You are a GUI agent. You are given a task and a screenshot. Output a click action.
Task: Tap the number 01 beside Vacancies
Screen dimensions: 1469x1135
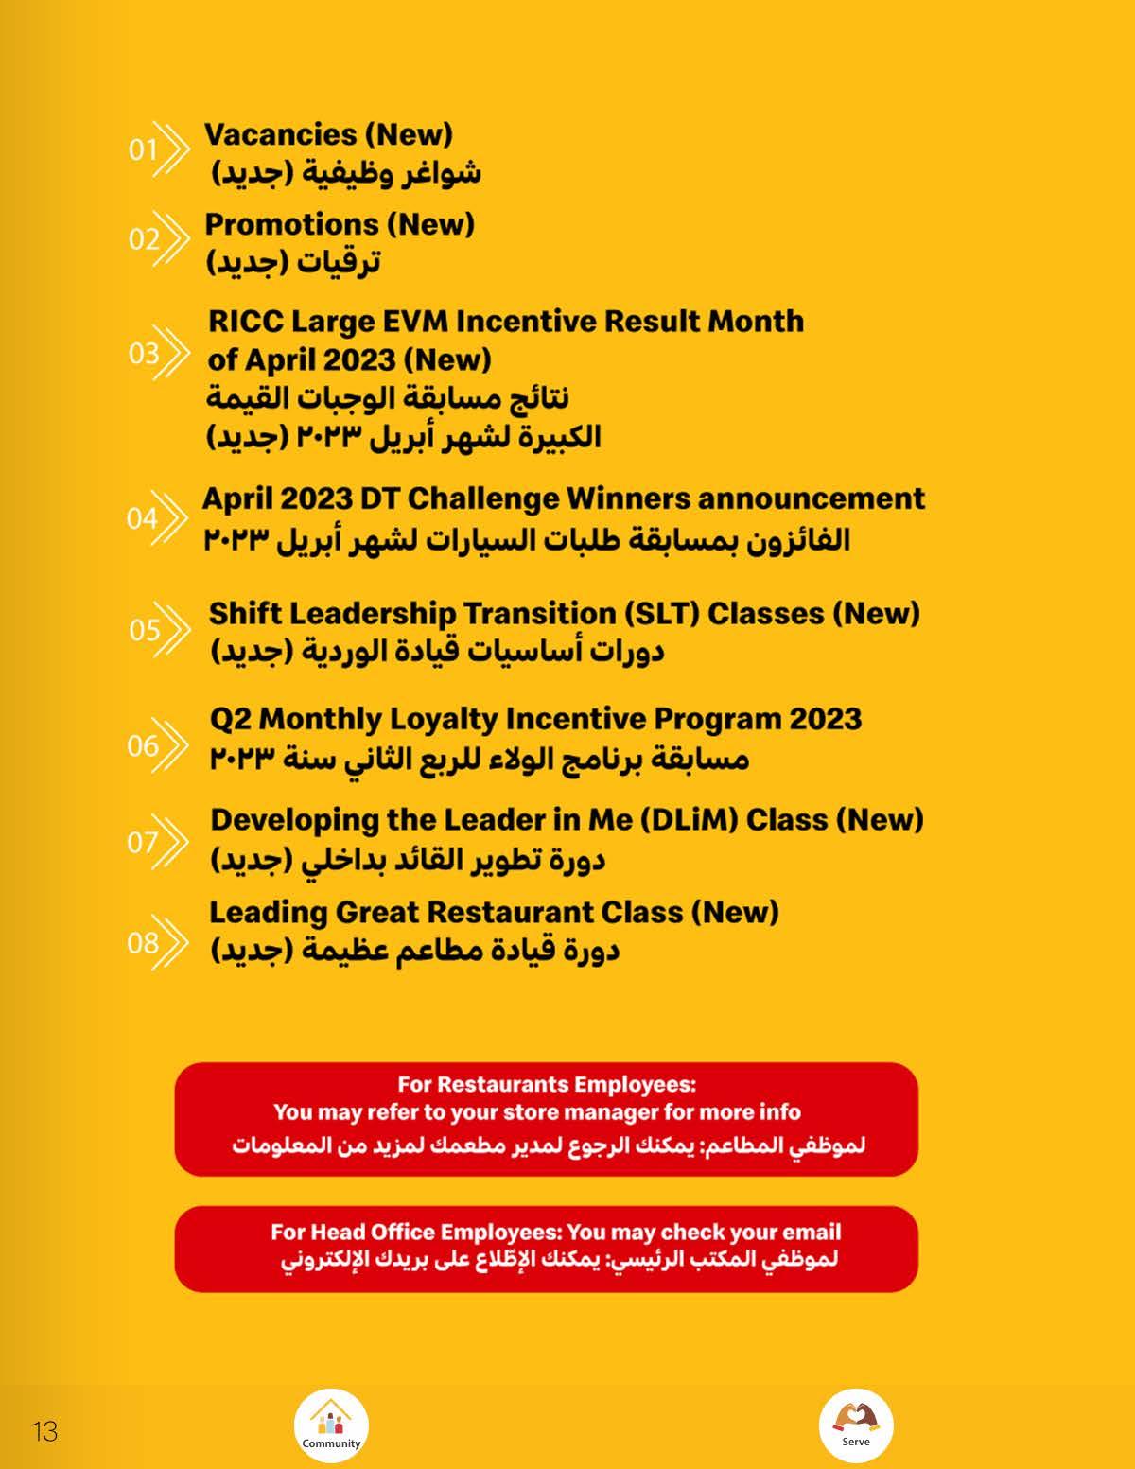click(x=143, y=149)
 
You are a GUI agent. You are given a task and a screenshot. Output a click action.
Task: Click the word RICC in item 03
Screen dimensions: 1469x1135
click(x=244, y=322)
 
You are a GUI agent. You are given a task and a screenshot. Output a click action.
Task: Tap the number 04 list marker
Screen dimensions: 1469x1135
click(x=141, y=518)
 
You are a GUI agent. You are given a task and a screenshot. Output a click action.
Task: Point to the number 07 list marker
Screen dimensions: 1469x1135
click(x=143, y=842)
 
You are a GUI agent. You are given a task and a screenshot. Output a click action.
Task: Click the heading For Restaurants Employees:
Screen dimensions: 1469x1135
click(x=547, y=1084)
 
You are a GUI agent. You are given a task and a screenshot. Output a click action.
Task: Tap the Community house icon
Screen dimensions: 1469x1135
click(x=331, y=1424)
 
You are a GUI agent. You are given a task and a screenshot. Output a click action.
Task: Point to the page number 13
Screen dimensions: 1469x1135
click(x=44, y=1431)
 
